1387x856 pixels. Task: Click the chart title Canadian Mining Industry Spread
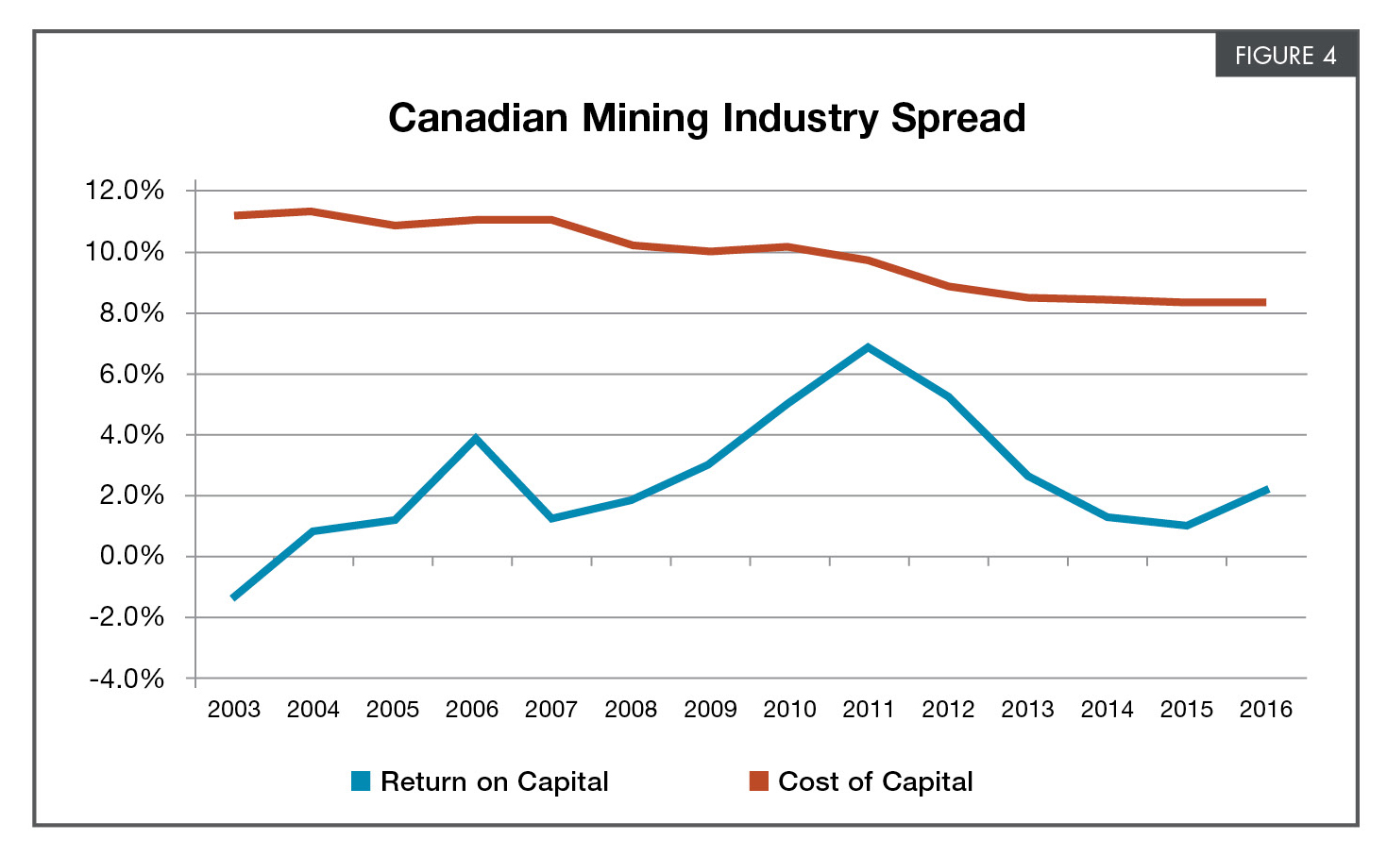coord(706,119)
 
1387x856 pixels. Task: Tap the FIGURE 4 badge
coord(1285,56)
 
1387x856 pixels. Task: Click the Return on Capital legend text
coord(494,781)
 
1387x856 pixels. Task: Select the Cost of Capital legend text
coord(874,781)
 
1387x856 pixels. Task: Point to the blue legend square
coord(361,781)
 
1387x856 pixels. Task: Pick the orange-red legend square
coord(758,781)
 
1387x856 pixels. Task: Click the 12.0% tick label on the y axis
coord(125,191)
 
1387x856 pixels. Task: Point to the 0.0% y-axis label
coord(131,556)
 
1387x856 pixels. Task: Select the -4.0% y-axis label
coord(127,679)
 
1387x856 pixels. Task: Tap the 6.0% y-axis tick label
coord(131,374)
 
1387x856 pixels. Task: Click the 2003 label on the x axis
coord(233,710)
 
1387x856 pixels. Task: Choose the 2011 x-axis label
coord(868,710)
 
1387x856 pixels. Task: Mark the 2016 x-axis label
coord(1265,710)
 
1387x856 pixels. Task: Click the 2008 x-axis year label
coord(630,710)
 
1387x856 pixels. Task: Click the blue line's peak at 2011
coord(868,348)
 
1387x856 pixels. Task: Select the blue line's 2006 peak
coord(476,438)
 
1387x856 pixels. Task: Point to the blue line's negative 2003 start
coord(234,596)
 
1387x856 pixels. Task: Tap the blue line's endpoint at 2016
coord(1265,490)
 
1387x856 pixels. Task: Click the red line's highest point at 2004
coord(313,211)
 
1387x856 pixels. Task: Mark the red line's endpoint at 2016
coord(1263,302)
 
